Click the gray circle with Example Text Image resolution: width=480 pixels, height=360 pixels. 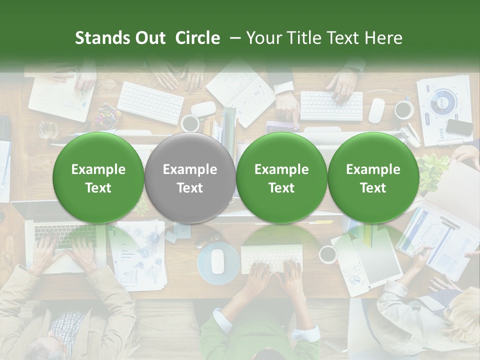(x=190, y=178)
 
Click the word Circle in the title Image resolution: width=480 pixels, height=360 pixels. (x=197, y=38)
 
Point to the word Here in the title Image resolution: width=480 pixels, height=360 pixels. (x=383, y=38)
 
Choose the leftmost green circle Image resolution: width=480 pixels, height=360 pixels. (x=98, y=178)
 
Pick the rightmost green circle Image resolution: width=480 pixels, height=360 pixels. (x=373, y=178)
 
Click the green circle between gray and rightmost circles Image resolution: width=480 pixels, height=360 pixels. (x=281, y=178)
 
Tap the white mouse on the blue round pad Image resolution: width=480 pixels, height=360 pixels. (x=217, y=261)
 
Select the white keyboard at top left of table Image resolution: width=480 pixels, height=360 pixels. (x=150, y=102)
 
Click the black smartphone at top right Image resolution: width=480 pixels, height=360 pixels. (x=459, y=127)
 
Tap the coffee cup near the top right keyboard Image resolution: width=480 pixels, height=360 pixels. (x=404, y=109)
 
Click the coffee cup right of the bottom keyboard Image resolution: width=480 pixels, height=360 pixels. (x=328, y=254)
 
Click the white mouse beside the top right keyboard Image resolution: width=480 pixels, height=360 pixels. (x=376, y=110)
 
